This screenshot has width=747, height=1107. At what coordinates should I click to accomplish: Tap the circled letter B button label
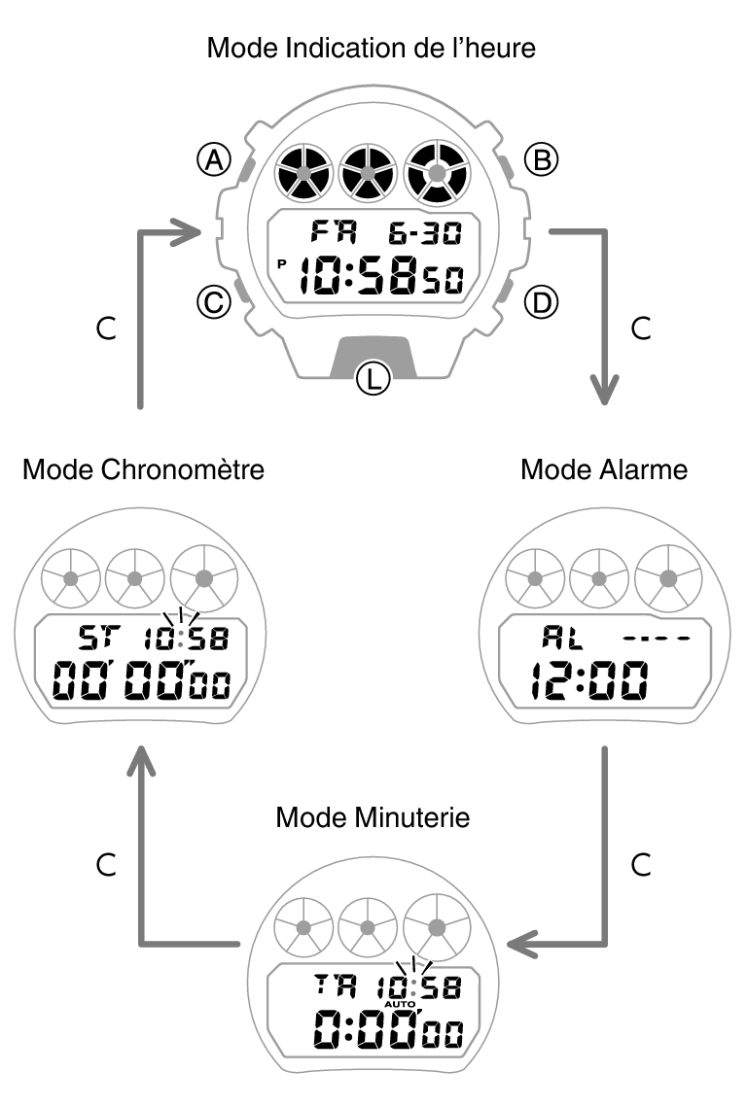[541, 159]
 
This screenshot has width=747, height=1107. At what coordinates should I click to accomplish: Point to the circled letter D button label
[541, 303]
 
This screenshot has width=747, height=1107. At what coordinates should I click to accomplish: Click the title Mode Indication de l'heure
[372, 48]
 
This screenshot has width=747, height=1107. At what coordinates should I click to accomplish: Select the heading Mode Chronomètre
[143, 469]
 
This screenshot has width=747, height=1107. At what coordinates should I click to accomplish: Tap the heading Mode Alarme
[604, 469]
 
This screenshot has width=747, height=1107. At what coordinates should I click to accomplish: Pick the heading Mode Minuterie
[373, 816]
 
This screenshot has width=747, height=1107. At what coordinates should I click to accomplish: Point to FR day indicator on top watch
[334, 233]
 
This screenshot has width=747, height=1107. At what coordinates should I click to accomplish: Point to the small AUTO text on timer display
[399, 1004]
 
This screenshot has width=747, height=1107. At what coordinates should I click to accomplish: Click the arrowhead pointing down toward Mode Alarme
[606, 394]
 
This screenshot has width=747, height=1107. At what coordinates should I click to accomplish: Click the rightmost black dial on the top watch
[436, 172]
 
